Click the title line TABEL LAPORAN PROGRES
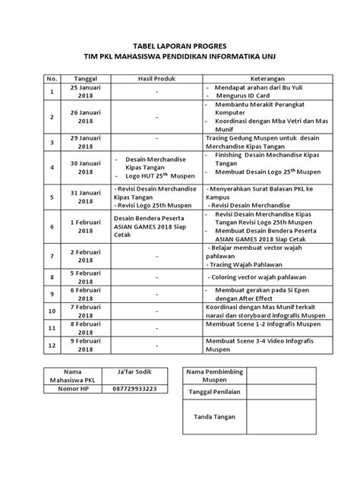[180, 45]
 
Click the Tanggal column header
[85, 78]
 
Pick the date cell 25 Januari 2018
[85, 93]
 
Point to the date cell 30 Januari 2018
[85, 167]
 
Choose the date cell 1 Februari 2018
[85, 226]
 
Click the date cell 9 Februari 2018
[85, 346]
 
